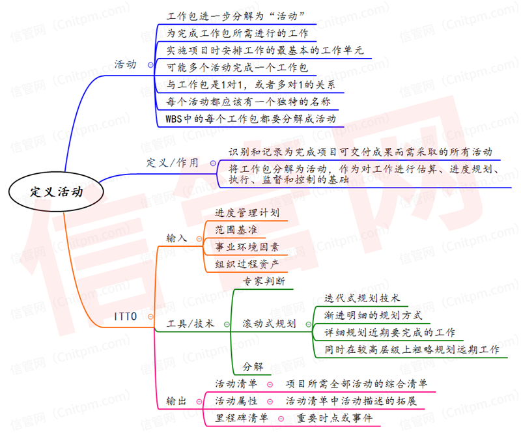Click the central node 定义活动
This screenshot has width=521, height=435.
[57, 191]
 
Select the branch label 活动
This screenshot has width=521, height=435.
[125, 64]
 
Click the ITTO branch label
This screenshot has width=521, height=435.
[126, 317]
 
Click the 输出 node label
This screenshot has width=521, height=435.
[176, 400]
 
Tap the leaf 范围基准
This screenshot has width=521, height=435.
[236, 229]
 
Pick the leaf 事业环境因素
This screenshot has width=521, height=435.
[247, 247]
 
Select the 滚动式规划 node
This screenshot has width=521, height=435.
[269, 324]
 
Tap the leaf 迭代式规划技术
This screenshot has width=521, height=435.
[361, 298]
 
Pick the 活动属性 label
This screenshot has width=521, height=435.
[236, 400]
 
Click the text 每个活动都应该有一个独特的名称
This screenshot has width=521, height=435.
[248, 102]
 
